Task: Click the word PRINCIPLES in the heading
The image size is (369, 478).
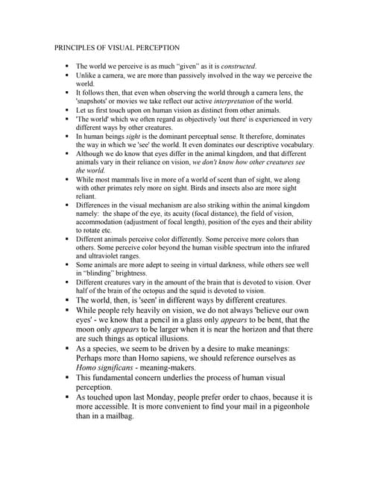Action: (76, 47)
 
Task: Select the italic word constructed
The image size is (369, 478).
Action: (235, 66)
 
